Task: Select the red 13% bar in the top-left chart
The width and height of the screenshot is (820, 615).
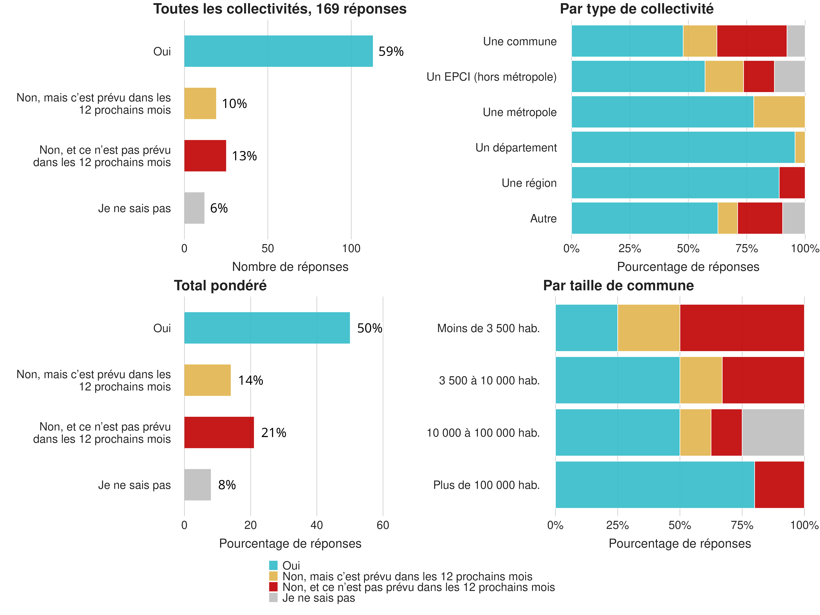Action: coord(205,156)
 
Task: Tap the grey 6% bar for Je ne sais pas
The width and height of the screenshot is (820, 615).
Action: coord(194,208)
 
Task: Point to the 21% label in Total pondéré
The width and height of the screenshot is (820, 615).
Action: coord(274,433)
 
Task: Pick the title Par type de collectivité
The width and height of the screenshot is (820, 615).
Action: coord(636,9)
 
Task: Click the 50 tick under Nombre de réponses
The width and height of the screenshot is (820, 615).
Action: coord(268,249)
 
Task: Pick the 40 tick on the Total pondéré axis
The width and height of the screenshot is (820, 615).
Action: coord(317,525)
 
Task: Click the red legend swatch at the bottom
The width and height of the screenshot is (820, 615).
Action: coord(273,587)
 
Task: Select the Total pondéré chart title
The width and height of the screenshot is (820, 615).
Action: coord(220,286)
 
